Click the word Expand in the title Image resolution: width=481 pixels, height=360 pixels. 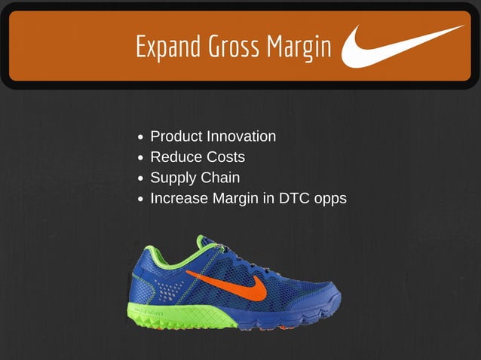161,47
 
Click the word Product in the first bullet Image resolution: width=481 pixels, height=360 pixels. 176,136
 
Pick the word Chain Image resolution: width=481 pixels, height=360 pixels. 221,178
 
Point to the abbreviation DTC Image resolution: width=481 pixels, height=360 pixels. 288,199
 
